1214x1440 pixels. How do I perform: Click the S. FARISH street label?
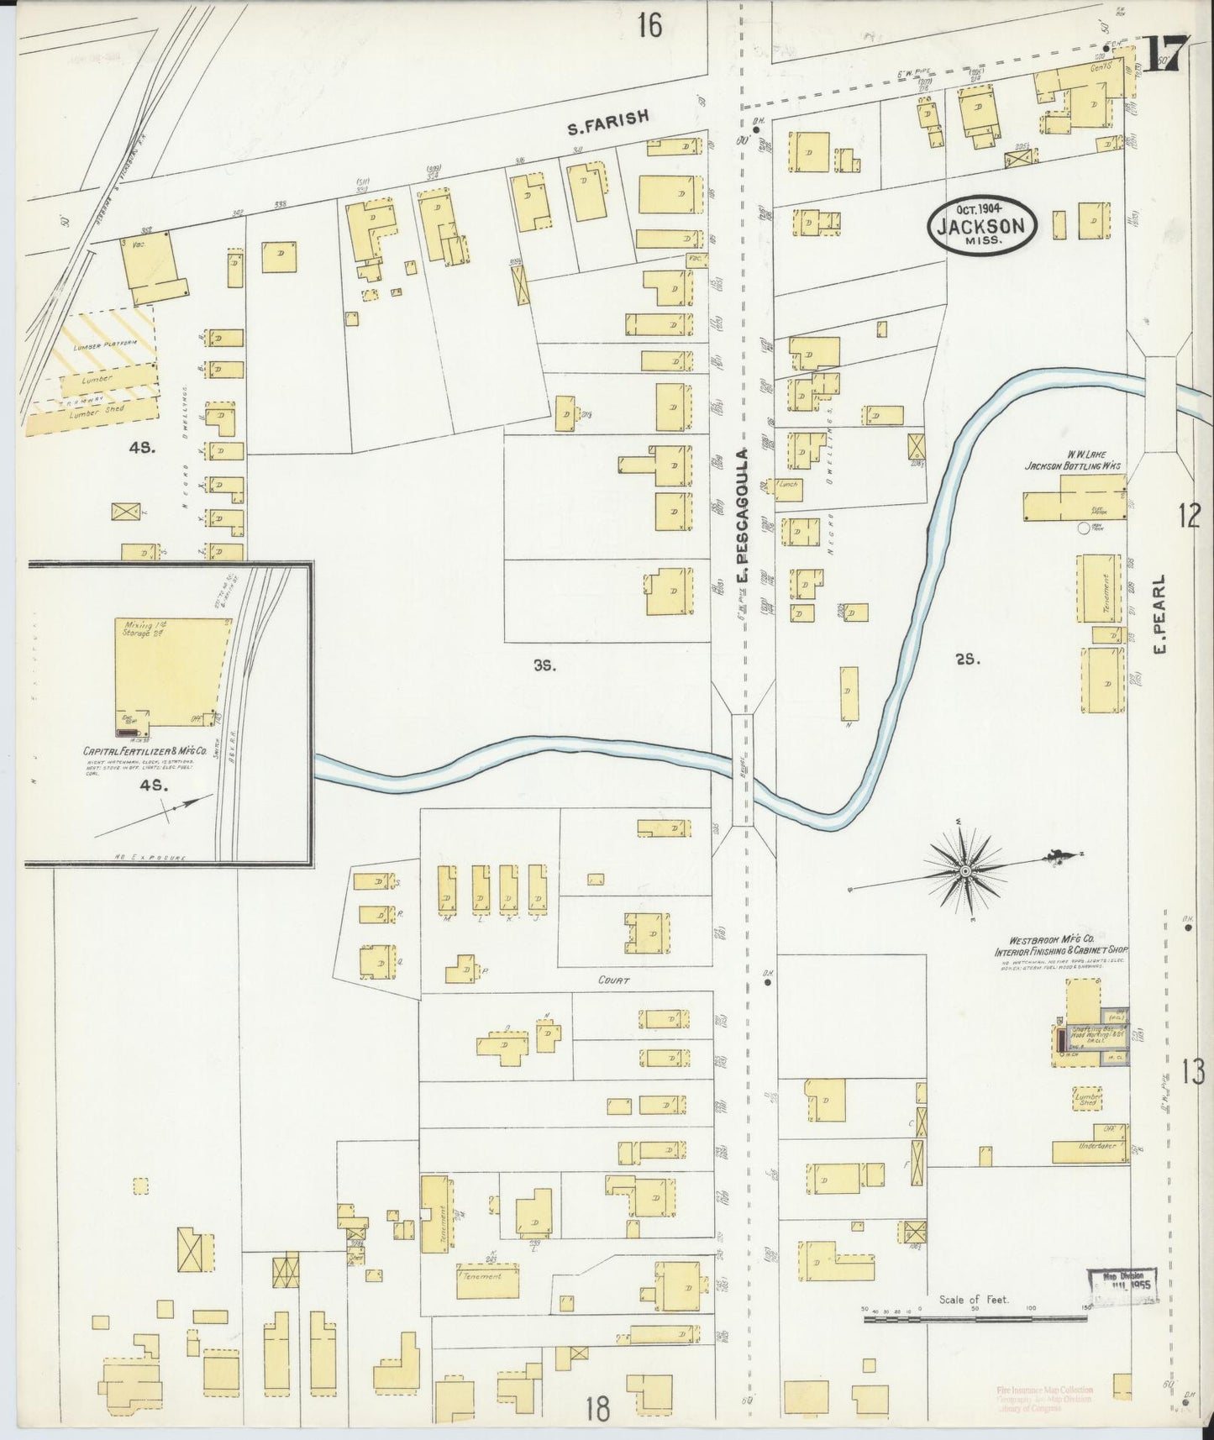click(x=607, y=123)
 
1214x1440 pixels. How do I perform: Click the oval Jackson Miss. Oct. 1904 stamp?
click(x=983, y=225)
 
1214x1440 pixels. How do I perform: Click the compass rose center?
click(x=966, y=872)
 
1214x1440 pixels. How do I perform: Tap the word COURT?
click(x=612, y=980)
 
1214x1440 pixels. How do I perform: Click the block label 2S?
click(x=967, y=660)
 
